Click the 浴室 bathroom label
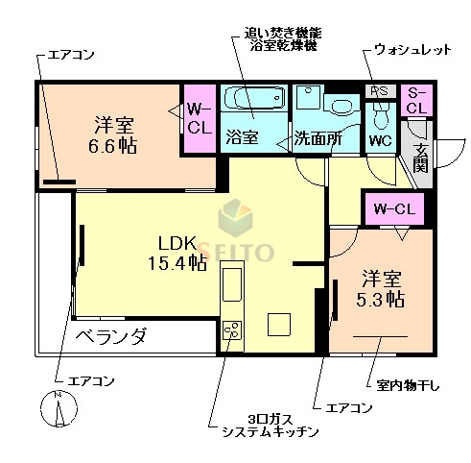(x=241, y=137)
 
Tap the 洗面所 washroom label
(x=317, y=137)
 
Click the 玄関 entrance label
(x=420, y=158)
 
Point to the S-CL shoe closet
(x=416, y=100)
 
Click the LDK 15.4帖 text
(x=177, y=252)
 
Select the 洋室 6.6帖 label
(x=113, y=134)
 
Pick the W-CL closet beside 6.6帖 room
(x=199, y=117)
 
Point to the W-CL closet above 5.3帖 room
(x=393, y=207)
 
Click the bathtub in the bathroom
(x=254, y=100)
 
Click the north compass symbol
(x=59, y=410)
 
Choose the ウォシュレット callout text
(x=412, y=49)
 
